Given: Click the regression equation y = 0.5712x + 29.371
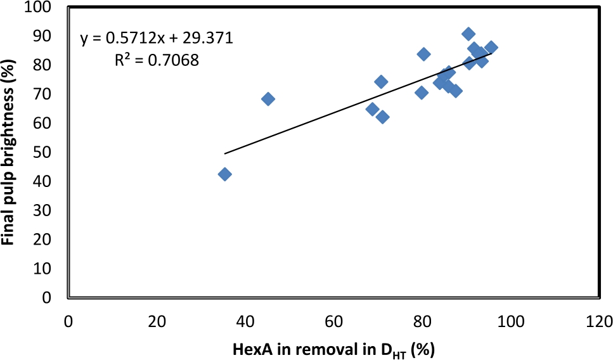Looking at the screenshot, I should click(157, 39).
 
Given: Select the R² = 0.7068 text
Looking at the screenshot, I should click(157, 60).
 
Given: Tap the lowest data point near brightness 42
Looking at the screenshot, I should click(224, 174).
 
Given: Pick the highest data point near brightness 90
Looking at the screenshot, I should click(468, 34).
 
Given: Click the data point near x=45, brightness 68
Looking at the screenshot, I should click(268, 99).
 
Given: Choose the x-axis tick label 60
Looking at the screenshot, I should click(333, 321).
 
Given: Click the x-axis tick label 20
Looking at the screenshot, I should click(157, 321).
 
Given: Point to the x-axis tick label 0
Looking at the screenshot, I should click(68, 321).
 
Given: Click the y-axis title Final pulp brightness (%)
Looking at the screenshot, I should click(10, 152).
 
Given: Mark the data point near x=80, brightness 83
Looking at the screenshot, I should click(424, 54).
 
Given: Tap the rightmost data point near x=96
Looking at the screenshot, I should click(491, 47).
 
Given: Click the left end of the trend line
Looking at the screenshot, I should click(225, 153).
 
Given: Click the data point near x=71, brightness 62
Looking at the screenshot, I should click(382, 117).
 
